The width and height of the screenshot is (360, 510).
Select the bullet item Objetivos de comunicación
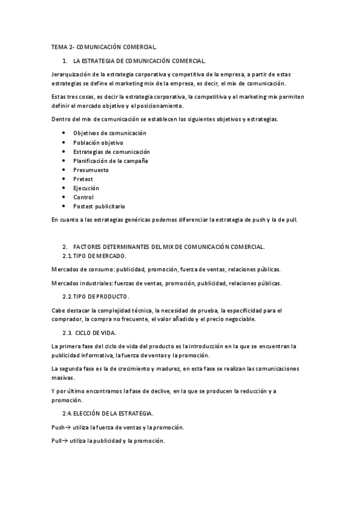click(x=109, y=133)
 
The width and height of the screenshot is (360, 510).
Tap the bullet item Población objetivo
click(x=98, y=143)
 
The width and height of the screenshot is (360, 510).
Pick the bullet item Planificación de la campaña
click(x=111, y=161)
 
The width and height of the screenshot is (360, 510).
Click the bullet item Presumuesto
click(x=91, y=170)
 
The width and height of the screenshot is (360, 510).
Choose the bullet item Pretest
click(x=83, y=179)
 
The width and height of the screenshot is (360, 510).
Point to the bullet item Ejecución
click(x=86, y=188)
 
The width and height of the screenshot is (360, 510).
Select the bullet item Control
click(x=84, y=197)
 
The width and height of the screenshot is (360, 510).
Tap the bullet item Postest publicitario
click(x=99, y=206)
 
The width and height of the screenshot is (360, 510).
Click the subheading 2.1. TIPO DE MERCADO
click(x=94, y=256)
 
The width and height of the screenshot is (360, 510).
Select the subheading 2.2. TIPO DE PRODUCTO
click(x=96, y=297)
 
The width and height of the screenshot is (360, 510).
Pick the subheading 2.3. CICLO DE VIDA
click(x=90, y=333)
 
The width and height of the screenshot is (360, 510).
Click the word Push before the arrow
click(x=58, y=427)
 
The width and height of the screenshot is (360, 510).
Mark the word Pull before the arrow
click(x=57, y=441)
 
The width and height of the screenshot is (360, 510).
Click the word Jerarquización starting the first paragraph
click(x=71, y=74)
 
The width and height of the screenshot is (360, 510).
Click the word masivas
click(x=63, y=378)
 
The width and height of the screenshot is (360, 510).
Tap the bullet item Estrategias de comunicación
click(x=111, y=152)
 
